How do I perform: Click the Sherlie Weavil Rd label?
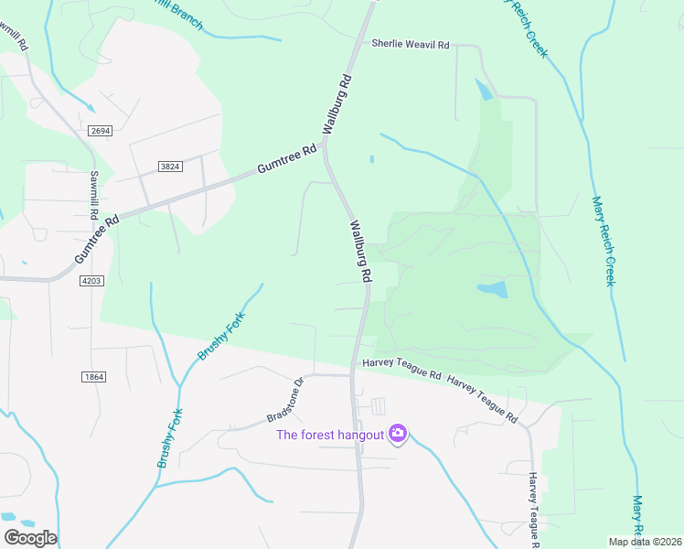tap(411, 44)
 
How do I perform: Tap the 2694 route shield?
tap(101, 132)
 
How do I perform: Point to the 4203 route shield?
tap(91, 281)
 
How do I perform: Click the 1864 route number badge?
tap(93, 377)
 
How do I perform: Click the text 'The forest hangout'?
tap(330, 434)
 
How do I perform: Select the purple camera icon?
tap(397, 433)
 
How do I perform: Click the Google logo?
tap(30, 538)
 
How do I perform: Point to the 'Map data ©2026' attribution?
tap(646, 542)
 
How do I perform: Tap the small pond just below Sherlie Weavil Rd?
tap(482, 90)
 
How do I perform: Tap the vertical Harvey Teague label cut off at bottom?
tap(533, 501)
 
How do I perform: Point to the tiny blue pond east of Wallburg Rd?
tap(371, 159)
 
